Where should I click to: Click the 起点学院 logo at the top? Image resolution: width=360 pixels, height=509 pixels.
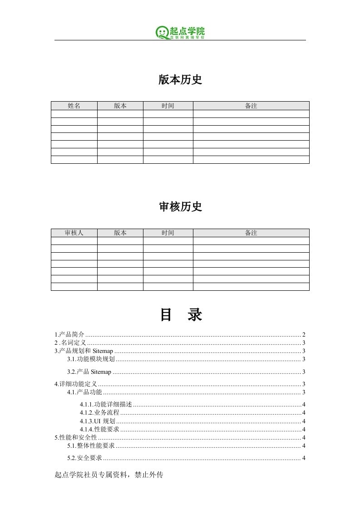point(180,32)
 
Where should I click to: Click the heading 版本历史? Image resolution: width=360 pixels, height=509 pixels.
point(180,80)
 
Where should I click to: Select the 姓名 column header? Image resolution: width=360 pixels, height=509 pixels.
point(74,106)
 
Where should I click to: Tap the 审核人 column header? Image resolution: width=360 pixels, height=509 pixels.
point(74,233)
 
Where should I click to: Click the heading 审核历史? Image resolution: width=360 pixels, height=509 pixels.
point(180,207)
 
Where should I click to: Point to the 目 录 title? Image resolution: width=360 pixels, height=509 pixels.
point(181,315)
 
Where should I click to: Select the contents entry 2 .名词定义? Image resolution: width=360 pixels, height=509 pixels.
point(70,343)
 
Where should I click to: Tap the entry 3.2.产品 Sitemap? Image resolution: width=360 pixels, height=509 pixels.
point(89,372)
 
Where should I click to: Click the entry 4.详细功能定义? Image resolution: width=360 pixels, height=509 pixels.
point(75,384)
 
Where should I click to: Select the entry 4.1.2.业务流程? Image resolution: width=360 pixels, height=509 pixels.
point(99,412)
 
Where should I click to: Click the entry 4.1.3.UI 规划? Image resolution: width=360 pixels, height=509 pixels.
point(97,421)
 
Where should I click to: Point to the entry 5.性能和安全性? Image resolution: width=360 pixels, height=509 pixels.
point(75,437)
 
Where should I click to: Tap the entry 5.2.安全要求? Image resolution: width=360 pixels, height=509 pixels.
point(84,458)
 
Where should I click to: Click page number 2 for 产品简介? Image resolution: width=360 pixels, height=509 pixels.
point(303,334)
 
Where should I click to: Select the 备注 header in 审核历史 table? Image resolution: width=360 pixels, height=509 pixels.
point(251,233)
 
